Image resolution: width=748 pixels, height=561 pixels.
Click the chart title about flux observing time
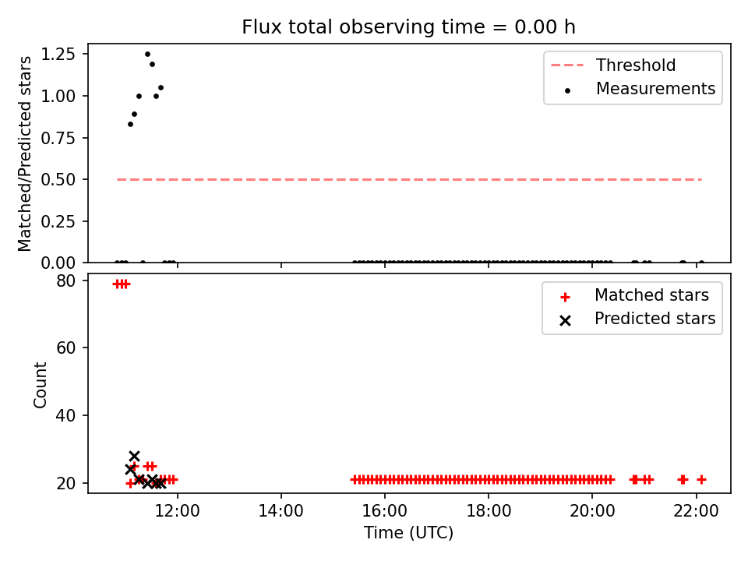408,26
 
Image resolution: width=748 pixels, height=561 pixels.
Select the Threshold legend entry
613,65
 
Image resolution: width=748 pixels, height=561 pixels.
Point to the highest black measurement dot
147,55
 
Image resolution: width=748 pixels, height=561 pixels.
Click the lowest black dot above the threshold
130,124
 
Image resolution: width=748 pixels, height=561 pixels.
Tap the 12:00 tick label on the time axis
178,511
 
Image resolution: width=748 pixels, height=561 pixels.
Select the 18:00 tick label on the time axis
489,511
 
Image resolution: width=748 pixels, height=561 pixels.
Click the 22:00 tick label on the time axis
696,511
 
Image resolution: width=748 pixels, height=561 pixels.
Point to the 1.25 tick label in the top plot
58,54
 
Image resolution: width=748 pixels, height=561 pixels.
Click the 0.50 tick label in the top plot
58,179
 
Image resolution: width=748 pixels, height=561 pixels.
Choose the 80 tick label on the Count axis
65,280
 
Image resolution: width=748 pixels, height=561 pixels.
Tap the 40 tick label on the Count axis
65,415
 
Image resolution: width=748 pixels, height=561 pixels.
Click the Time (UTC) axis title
408,532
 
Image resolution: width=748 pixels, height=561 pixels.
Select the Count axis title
40,384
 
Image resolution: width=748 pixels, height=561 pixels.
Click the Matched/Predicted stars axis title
24,153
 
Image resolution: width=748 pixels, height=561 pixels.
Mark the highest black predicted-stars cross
134,456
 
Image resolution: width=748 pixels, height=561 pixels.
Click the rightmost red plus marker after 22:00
701,479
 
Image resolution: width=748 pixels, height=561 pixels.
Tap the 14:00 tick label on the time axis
281,511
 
